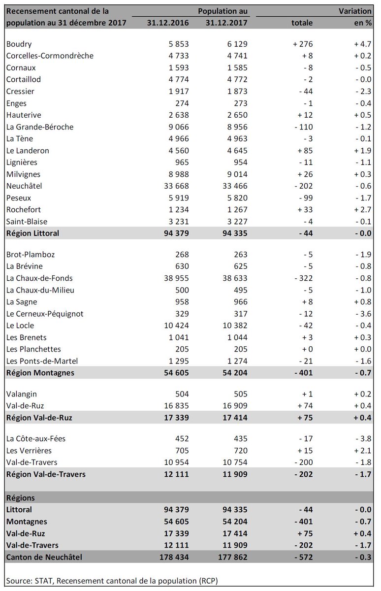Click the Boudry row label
(x=19, y=44)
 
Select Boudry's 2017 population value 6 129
(x=235, y=44)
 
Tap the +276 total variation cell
(x=302, y=44)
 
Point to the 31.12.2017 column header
(x=226, y=23)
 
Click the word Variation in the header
(x=355, y=11)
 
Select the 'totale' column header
(x=301, y=23)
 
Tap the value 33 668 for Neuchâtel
(x=175, y=186)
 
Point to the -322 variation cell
(x=302, y=278)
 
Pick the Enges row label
(x=16, y=103)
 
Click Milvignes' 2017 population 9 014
(x=235, y=174)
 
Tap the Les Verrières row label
(x=29, y=451)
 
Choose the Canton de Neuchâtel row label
(x=43, y=558)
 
